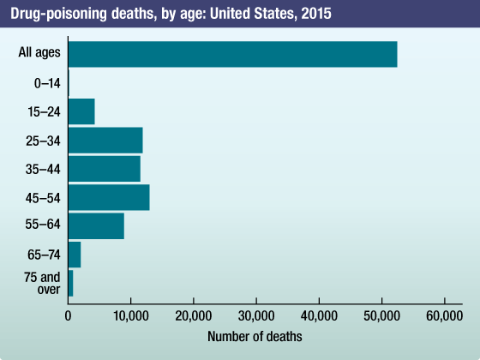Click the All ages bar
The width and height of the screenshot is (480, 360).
(232, 54)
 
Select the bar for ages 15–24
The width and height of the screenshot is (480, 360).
(81, 111)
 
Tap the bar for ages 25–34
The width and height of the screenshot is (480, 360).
(105, 140)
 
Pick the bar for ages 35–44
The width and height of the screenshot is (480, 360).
(104, 169)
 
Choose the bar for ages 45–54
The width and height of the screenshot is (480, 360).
(109, 197)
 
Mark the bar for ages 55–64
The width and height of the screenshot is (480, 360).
(96, 225)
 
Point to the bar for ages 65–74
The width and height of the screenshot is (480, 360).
(75, 255)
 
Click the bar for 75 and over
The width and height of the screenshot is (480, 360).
(70, 283)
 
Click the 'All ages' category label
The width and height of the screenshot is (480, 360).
(39, 53)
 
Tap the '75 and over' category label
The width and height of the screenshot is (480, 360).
(42, 283)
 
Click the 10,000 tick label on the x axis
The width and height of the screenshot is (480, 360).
(130, 315)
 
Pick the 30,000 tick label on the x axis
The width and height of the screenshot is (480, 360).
(256, 315)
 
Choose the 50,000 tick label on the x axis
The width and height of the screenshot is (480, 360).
(381, 315)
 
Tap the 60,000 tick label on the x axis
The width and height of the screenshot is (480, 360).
(444, 315)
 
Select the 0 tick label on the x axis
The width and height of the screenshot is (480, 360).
(68, 315)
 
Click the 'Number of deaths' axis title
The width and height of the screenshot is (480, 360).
(255, 336)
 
